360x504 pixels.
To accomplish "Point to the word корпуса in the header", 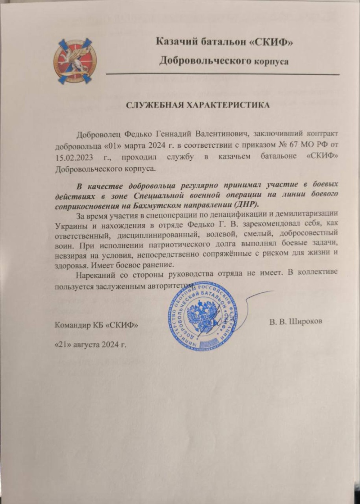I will pos(270,61).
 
